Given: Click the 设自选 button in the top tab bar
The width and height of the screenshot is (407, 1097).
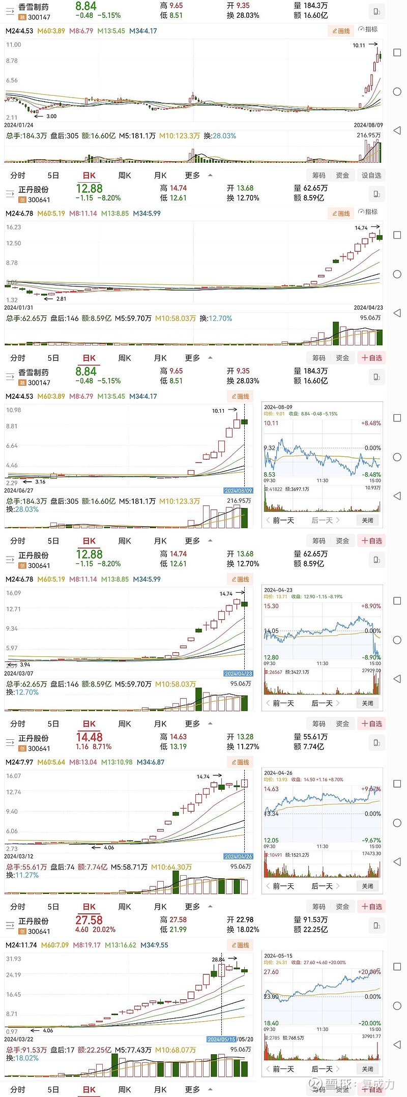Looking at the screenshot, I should click(x=371, y=175).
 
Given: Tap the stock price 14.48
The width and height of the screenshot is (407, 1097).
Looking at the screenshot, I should click(x=89, y=737).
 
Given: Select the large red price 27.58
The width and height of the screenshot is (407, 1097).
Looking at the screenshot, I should click(x=89, y=920).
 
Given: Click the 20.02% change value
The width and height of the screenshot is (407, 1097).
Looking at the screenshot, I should click(x=104, y=929).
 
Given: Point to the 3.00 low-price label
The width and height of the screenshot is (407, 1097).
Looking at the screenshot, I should click(x=51, y=117).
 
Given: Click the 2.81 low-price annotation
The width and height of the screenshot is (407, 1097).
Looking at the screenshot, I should click(x=61, y=299).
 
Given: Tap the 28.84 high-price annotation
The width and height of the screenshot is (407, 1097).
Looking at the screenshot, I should click(x=218, y=960).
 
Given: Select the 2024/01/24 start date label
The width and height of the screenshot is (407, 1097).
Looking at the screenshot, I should click(x=19, y=125).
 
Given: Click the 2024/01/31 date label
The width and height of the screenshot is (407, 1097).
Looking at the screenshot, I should click(x=19, y=307).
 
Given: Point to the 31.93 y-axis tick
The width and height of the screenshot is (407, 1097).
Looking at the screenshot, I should click(x=13, y=959).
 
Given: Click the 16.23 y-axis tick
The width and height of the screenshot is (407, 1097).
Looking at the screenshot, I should click(x=13, y=227).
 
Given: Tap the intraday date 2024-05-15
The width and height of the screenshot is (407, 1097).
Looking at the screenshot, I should click(x=278, y=956).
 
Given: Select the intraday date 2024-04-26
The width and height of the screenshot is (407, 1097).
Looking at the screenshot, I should click(x=278, y=773).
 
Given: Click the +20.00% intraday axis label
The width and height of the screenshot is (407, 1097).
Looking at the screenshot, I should click(x=370, y=972).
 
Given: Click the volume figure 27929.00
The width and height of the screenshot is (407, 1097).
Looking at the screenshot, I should click(x=371, y=671).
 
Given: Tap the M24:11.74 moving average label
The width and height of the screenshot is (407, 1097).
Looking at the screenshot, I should click(x=21, y=945).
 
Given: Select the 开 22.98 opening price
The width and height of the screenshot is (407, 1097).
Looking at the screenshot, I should click(x=240, y=919).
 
